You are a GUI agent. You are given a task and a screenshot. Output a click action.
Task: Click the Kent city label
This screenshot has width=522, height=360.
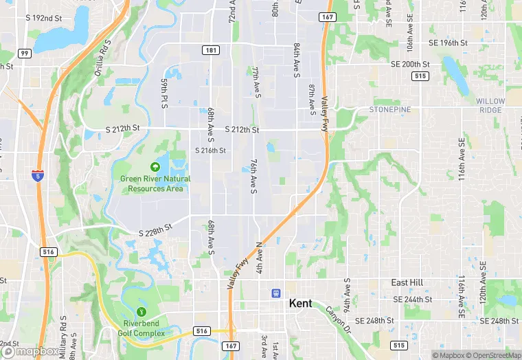pos(303,303)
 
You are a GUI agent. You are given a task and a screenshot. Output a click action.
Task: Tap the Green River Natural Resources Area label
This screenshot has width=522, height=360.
pos(155,183)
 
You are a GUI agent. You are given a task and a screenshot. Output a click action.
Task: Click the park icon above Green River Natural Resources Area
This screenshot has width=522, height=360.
pos(155,166)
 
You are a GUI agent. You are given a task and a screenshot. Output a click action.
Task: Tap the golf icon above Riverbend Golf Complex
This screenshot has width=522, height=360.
pos(142,313)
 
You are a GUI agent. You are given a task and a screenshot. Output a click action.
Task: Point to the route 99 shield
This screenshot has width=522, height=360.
pos(24,53)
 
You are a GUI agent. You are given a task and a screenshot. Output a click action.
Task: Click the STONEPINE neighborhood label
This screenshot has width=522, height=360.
pos(389,110)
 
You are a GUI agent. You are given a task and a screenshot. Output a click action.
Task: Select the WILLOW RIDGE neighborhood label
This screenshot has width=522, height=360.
pos(490,106)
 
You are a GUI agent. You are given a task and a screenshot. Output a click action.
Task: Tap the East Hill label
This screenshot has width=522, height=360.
pos(407,283)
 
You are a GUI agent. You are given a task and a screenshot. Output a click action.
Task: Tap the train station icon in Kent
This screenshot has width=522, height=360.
pos(276,293)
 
